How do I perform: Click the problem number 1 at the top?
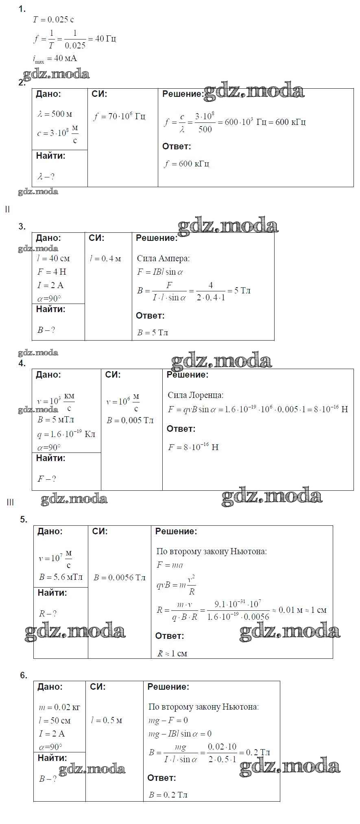click(x=22, y=9)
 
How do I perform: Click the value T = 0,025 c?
click(x=53, y=20)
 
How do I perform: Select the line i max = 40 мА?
click(x=55, y=59)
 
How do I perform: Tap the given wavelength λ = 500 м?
click(x=55, y=114)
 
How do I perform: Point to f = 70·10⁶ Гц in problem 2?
click(x=119, y=117)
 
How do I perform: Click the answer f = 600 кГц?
click(x=187, y=164)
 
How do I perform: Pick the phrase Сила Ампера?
click(x=163, y=258)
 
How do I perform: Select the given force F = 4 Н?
click(x=52, y=272)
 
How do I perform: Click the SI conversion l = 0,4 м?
click(x=105, y=258)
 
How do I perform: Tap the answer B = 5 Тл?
click(x=153, y=332)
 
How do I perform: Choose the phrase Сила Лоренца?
click(x=195, y=395)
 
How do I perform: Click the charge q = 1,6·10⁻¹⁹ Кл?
click(x=66, y=434)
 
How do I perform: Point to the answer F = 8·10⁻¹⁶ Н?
click(x=193, y=447)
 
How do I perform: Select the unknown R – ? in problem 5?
click(x=48, y=614)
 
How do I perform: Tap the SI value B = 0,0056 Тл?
click(x=119, y=577)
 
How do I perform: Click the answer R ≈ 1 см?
click(x=172, y=654)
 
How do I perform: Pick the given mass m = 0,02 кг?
click(x=59, y=708)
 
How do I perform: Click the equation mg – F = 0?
click(x=168, y=720)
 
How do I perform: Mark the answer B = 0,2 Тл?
click(x=168, y=795)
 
